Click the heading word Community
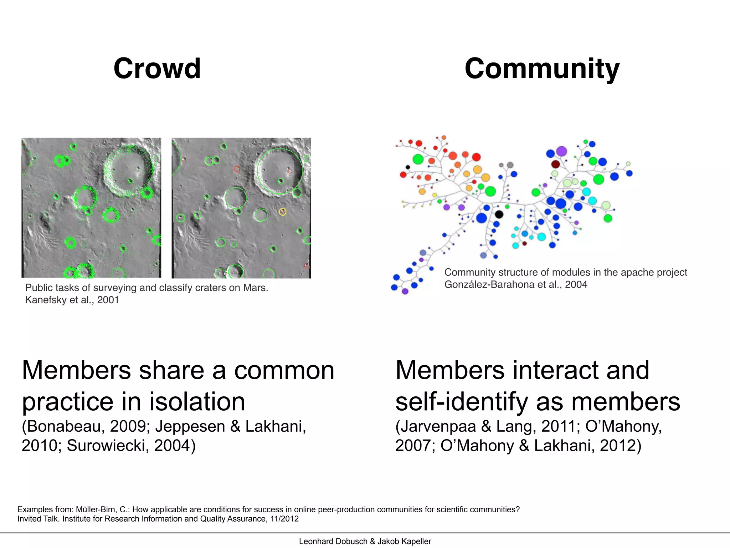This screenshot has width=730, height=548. pos(542,69)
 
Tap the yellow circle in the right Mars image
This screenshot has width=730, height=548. pos(282,212)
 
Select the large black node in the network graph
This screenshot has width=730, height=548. pos(499,214)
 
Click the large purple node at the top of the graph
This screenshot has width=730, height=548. pos(561,151)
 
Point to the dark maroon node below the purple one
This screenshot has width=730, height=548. pos(555,164)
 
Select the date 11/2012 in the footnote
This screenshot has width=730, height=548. pos(284,519)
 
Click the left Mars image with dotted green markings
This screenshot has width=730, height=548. pos(91,208)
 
